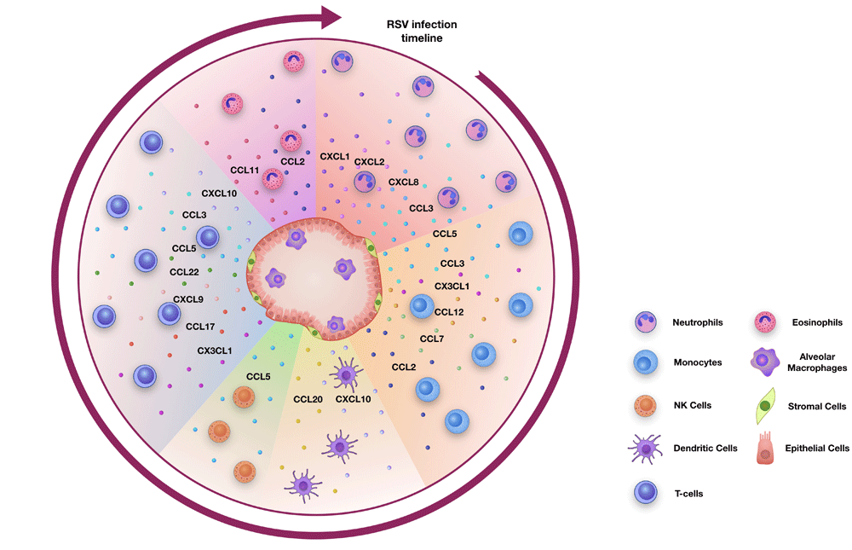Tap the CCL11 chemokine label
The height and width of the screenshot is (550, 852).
coord(245,171)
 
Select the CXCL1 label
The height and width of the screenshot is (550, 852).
coord(335,157)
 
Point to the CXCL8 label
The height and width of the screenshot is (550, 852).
coord(404,182)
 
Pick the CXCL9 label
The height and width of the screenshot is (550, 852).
coord(188,299)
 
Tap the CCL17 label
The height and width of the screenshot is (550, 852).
coord(200,325)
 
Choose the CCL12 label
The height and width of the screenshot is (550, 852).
coord(449,312)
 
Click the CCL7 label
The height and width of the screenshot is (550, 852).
coord(433,339)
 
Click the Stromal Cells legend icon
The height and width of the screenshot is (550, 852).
coord(766,407)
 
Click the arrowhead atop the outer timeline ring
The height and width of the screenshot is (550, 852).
coord(331,14)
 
